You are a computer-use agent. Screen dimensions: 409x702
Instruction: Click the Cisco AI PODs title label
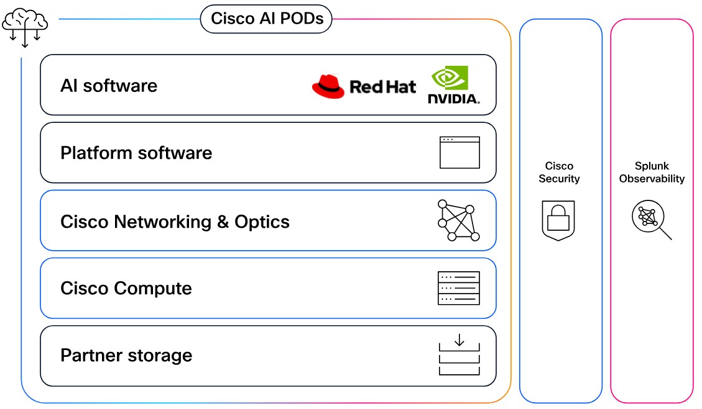267,19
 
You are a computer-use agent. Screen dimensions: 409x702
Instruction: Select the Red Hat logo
364,86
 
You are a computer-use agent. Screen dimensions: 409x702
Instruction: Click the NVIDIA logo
453,84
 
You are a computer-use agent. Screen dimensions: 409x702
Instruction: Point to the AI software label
109,86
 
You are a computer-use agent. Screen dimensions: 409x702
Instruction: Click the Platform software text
136,153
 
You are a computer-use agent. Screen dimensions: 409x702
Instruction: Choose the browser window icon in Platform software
460,153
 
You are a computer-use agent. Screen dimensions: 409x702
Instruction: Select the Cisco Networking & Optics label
175,222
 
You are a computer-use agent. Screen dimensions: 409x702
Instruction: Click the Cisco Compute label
126,289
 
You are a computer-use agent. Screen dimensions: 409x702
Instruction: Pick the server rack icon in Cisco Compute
459,288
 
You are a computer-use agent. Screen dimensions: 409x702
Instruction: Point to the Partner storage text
126,356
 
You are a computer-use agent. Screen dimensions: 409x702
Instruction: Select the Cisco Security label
559,173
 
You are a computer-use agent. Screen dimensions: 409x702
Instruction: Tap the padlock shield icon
558,220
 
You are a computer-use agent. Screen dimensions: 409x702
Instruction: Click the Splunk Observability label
651,173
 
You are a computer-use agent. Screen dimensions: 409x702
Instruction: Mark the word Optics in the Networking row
262,222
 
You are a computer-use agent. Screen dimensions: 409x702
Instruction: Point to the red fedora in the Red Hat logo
328,87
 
